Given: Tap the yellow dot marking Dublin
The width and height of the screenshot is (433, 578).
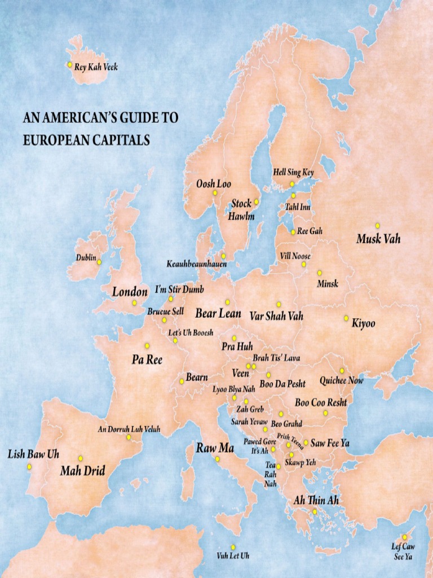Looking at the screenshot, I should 99,262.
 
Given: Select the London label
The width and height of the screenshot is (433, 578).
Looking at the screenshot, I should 130,292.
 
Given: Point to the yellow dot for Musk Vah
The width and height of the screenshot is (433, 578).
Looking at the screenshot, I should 378,225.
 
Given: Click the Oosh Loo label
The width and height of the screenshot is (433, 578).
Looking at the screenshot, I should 213,184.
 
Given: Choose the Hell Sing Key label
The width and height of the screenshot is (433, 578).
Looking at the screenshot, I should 293,172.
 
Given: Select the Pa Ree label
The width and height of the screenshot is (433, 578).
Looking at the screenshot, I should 147,360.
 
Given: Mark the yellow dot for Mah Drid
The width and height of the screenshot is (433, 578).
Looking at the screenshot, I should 81,458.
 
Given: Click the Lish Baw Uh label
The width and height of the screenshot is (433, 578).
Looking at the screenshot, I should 33,454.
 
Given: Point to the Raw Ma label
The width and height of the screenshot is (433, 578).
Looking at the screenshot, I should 215,449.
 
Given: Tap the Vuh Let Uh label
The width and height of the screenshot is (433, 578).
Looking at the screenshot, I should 233,556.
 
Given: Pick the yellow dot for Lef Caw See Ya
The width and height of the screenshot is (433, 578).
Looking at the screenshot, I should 404,537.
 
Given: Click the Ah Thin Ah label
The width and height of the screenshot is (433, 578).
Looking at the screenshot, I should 316,501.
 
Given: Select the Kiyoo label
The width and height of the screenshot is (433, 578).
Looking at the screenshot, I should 363,324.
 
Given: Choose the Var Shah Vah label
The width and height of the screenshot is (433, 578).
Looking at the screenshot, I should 276,316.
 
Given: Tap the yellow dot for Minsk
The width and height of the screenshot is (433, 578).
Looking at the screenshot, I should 319,273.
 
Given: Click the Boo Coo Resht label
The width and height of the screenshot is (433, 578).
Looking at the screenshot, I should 320,403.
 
